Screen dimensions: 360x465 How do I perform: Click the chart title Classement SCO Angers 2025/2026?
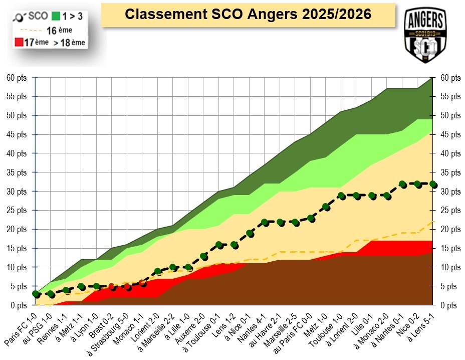point(248,14)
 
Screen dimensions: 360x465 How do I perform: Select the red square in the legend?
point(19,42)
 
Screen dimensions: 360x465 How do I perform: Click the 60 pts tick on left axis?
point(18,78)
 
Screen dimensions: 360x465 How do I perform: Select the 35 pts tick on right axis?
point(450,172)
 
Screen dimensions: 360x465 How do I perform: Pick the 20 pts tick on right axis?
point(450,229)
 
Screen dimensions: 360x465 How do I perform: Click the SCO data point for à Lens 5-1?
point(433,185)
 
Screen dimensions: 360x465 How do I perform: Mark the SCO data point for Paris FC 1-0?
point(35,294)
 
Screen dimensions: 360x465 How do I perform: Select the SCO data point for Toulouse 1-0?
point(341,196)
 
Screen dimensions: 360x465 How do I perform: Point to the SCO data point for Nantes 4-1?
point(265,222)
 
